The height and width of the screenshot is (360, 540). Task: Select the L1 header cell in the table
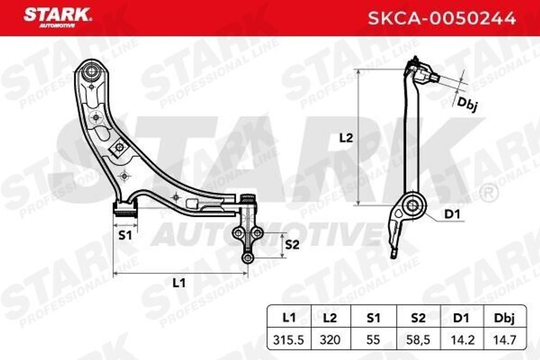(x=288, y=318)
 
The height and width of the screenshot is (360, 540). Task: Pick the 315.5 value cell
(x=288, y=340)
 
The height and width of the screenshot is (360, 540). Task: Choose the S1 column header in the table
(x=373, y=318)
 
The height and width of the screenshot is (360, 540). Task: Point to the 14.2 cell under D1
(x=460, y=340)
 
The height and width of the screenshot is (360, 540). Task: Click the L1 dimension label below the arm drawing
(x=179, y=283)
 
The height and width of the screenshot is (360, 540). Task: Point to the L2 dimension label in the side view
(x=346, y=138)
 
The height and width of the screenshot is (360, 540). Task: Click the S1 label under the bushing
(x=124, y=235)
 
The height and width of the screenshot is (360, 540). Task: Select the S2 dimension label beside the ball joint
(x=292, y=245)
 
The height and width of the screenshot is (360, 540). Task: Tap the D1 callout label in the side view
(x=452, y=215)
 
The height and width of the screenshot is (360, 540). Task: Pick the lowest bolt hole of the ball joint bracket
(x=247, y=257)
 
